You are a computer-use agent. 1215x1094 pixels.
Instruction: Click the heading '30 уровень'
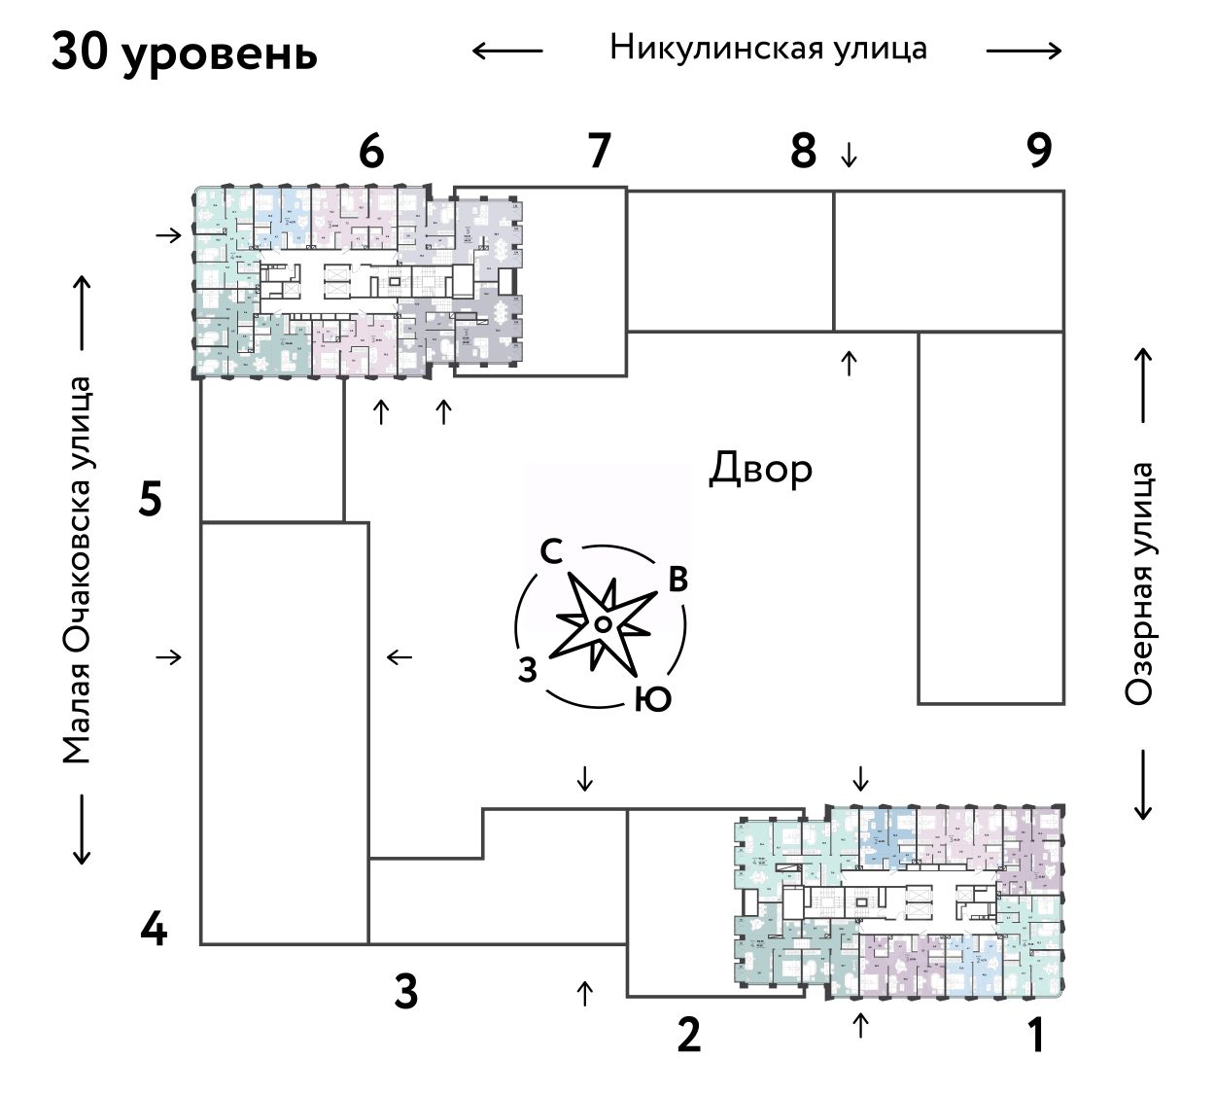[185, 53]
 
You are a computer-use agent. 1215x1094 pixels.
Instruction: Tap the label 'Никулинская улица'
[768, 48]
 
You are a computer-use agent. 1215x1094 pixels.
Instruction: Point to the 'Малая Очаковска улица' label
[77, 570]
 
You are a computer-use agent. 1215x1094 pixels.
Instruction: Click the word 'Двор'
[760, 469]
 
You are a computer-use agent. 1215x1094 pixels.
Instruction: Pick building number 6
[371, 152]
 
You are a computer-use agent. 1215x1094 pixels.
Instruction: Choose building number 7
[599, 151]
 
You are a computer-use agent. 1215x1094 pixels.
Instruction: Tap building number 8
[803, 152]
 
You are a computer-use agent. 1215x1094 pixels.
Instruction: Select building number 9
[1039, 151]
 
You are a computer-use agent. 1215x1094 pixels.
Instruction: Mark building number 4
[154, 932]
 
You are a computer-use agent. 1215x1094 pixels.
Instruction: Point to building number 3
[406, 993]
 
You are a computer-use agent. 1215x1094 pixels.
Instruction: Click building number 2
[688, 1035]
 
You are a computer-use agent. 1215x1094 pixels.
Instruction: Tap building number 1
[1037, 1035]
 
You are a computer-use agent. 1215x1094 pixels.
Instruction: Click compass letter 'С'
[551, 552]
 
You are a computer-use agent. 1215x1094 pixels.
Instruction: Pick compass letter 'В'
[677, 580]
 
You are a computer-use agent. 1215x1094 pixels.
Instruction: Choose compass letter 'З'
[528, 670]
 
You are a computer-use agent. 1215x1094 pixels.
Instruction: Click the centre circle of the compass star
[603, 623]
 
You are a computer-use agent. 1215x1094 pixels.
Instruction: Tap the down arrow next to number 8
[850, 154]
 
